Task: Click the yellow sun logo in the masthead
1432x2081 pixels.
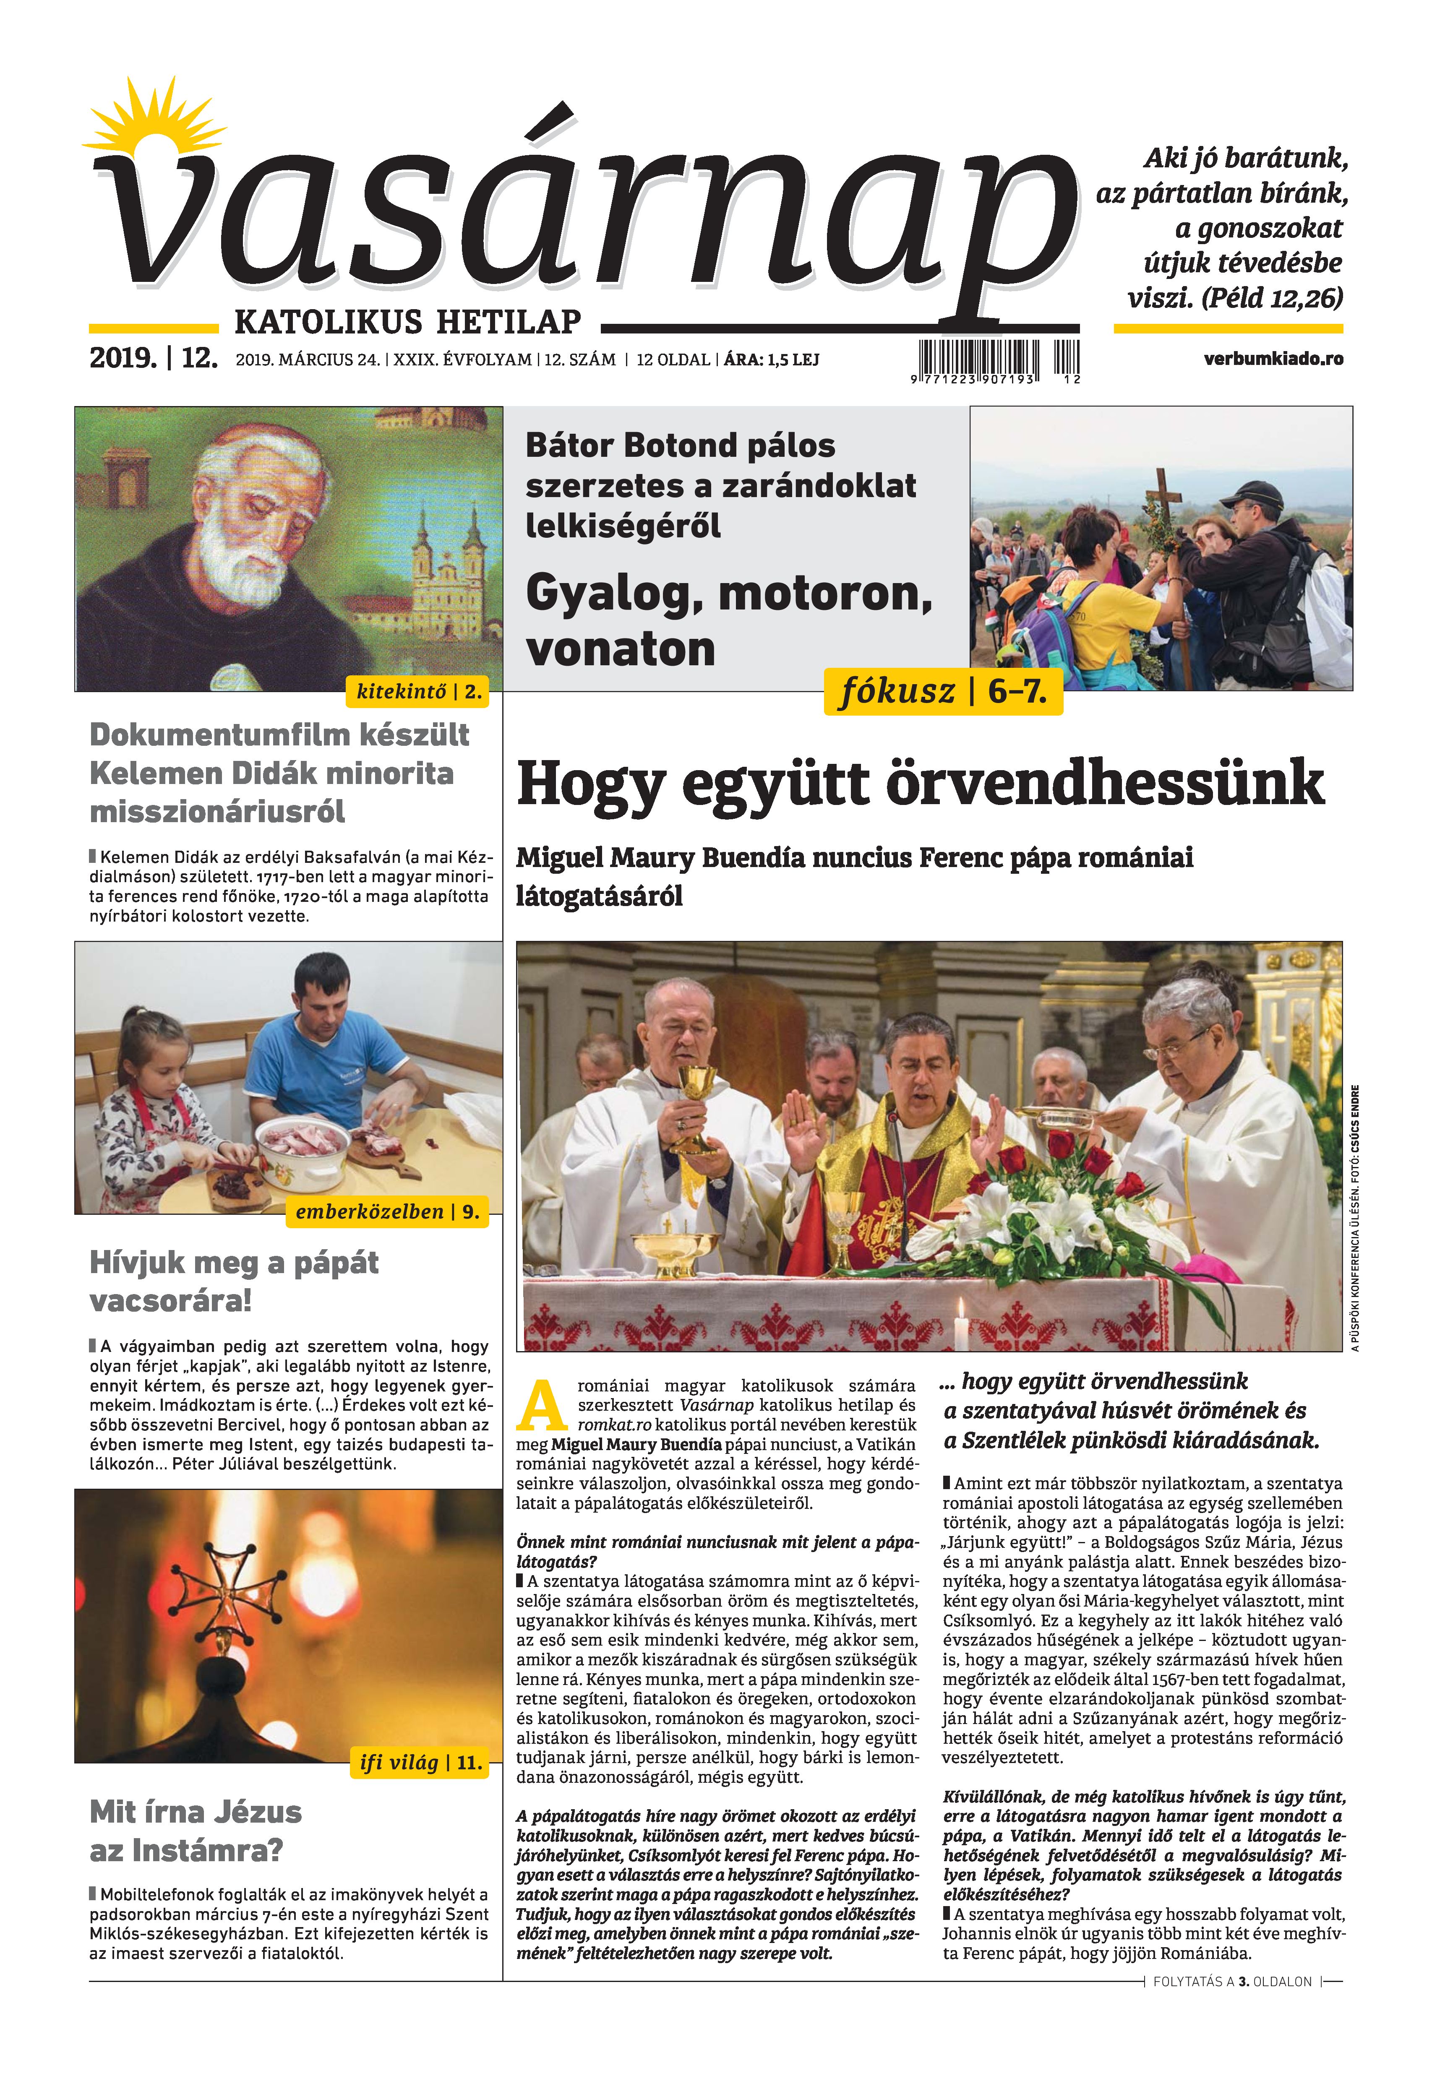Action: click(153, 125)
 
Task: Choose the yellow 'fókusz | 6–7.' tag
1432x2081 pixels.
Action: click(942, 692)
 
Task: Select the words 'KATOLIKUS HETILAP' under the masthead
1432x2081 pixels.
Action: click(407, 321)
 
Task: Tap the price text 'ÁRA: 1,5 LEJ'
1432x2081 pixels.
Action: click(772, 359)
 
